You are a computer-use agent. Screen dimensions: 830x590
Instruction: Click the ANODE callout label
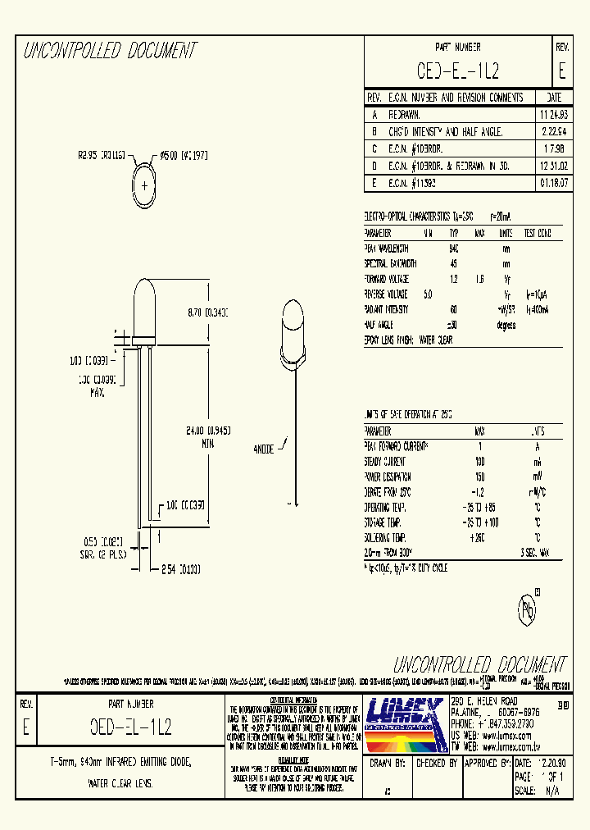pos(265,449)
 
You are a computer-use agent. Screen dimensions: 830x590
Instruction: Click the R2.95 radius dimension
pos(101,153)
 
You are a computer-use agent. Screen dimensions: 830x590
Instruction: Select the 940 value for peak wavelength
pos(453,249)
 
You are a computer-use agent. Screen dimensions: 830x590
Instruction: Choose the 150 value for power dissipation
pos(480,477)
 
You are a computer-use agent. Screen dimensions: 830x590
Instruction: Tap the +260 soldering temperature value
pos(479,537)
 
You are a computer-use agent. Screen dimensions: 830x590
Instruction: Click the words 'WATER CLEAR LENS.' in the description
pos(120,783)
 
